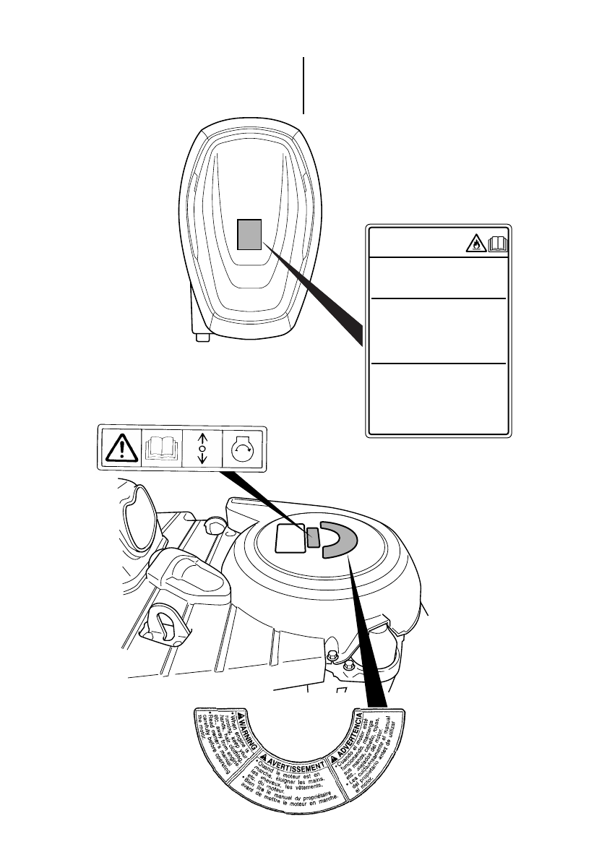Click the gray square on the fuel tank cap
pos(249,234)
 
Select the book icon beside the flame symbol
pos(499,246)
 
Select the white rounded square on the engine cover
pos(290,537)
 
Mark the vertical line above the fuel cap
pos(303,85)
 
